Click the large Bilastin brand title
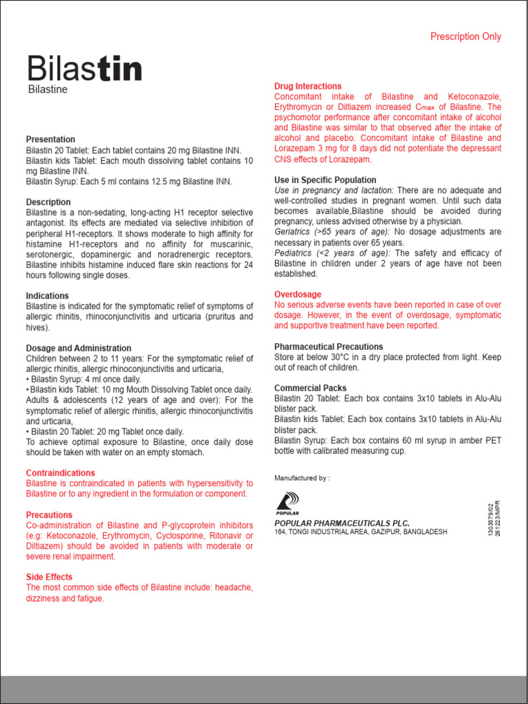tap(85, 69)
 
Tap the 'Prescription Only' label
tap(465, 36)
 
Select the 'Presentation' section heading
tap(51, 140)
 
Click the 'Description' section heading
tap(48, 202)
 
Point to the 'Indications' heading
tap(47, 296)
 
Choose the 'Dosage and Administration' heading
tap(78, 349)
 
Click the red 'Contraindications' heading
tap(60, 473)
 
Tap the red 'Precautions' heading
tap(49, 515)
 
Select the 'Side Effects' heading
tap(49, 577)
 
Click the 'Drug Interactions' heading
tap(307, 87)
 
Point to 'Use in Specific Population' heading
tap(325, 180)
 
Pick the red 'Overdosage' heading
tap(297, 294)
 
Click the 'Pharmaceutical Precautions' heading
tap(329, 346)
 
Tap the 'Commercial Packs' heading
tap(310, 388)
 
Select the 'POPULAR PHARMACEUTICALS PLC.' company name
tap(342, 523)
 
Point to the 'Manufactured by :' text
tap(302, 478)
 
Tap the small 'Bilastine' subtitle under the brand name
tap(47, 89)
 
